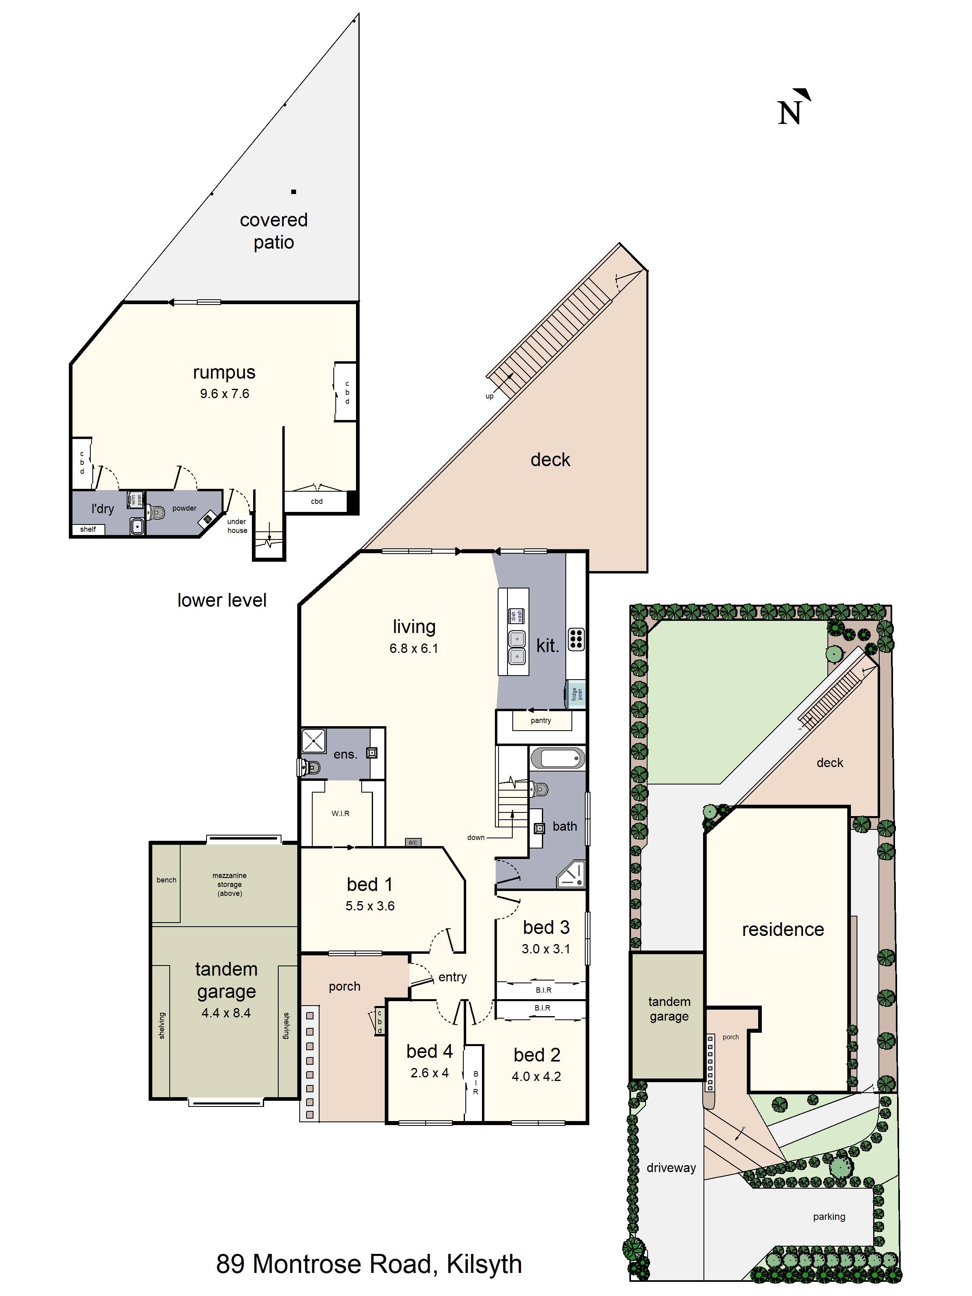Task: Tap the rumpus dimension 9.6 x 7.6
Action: tap(224, 394)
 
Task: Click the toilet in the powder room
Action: tap(156, 513)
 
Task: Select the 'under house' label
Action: tap(237, 526)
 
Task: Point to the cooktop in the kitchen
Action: tap(576, 639)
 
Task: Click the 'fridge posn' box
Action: tap(577, 694)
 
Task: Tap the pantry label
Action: tap(540, 720)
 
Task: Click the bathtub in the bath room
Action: tap(557, 758)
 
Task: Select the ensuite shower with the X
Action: tap(313, 741)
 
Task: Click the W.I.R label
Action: tap(341, 813)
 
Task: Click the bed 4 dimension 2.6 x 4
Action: tap(429, 1073)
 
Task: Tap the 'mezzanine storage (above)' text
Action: tap(229, 884)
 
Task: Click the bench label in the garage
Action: tap(166, 880)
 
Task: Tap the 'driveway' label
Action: tap(671, 1167)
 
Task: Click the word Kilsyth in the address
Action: tap(484, 1264)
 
